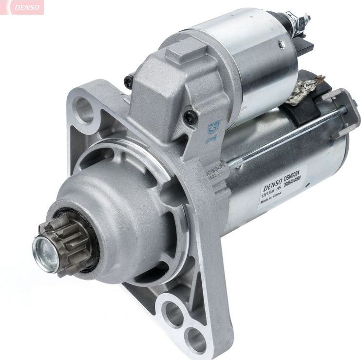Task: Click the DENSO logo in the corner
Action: (22, 7)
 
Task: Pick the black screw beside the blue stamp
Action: (190, 117)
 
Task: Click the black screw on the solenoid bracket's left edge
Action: (129, 81)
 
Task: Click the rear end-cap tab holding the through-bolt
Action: (343, 110)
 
